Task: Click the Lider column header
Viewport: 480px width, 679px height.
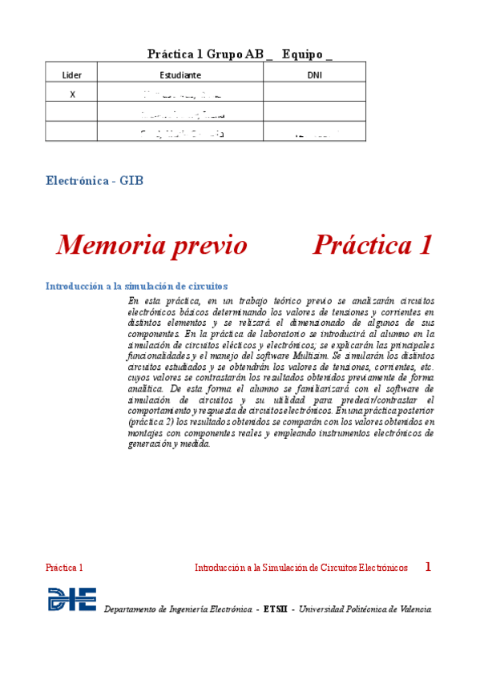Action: click(x=72, y=74)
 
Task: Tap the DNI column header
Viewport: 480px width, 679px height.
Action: click(x=315, y=74)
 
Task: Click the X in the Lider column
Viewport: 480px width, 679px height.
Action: click(x=73, y=94)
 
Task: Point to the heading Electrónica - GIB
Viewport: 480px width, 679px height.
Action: click(x=95, y=181)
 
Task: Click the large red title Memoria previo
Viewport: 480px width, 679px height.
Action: click(x=151, y=245)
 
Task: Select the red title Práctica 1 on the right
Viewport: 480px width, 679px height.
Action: click(x=373, y=245)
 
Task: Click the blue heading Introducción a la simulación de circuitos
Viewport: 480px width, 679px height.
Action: click(x=136, y=286)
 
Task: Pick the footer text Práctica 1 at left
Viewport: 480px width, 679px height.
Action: click(x=64, y=568)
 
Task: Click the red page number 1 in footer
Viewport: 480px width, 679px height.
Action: click(x=428, y=567)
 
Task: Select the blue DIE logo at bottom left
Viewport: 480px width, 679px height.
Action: click(x=72, y=600)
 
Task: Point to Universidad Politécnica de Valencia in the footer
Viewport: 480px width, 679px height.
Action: click(x=365, y=610)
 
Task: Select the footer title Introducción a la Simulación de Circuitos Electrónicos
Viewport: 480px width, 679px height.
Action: click(x=301, y=568)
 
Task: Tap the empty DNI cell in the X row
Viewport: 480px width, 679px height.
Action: click(x=315, y=94)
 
